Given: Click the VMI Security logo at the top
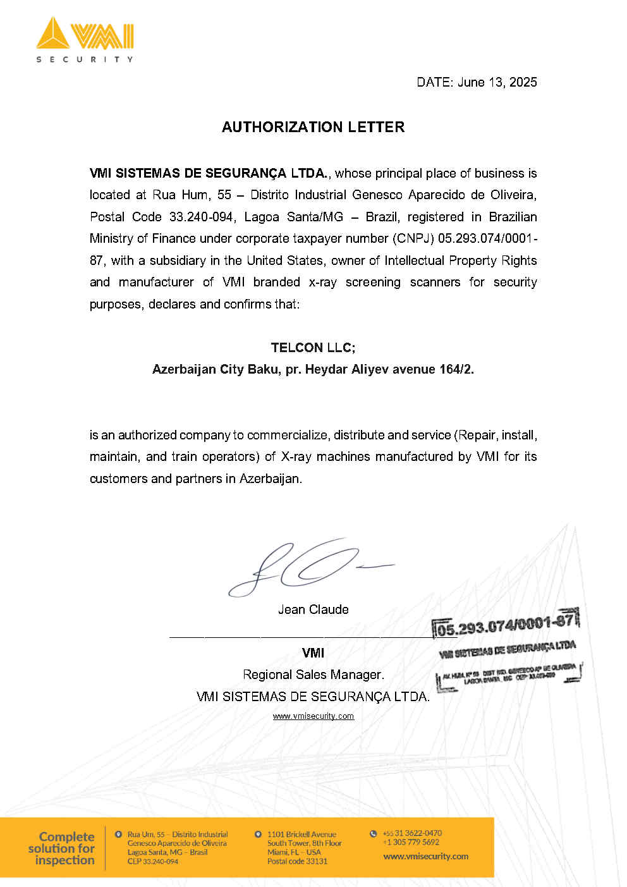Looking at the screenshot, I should [x=85, y=39].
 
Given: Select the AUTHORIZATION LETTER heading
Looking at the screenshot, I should [x=313, y=127].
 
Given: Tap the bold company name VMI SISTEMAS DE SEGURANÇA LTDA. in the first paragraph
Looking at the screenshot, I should [x=209, y=173].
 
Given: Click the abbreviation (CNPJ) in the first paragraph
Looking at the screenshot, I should [x=413, y=238].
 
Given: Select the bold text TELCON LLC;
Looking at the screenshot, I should [x=313, y=348].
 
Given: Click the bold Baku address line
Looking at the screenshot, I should [x=313, y=369].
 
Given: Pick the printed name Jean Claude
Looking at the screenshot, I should [x=313, y=609].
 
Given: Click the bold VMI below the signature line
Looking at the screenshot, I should [x=313, y=653].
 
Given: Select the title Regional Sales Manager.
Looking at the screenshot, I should [x=313, y=675].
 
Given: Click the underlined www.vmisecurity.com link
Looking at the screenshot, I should [x=313, y=716].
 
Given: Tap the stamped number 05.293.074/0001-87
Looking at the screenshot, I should [x=505, y=625].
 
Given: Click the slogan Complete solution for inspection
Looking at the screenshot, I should [x=62, y=848].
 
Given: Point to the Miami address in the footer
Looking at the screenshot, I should [x=303, y=848].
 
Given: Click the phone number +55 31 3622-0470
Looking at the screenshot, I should [x=411, y=833].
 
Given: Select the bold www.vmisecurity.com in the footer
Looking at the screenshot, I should [x=425, y=857].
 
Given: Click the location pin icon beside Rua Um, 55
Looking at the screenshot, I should [x=118, y=835].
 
